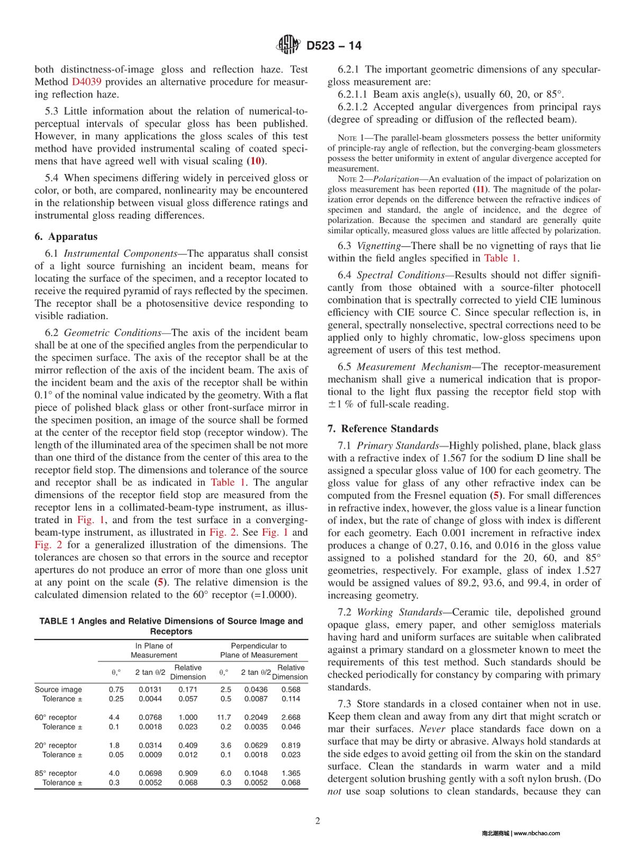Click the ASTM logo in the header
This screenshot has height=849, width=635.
(x=288, y=45)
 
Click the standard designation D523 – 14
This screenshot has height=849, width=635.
(x=334, y=46)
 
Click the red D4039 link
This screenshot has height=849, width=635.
(x=86, y=82)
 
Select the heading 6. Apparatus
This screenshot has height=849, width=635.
(x=66, y=237)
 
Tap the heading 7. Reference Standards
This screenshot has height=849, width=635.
(x=383, y=429)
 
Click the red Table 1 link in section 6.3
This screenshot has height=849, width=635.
(x=500, y=258)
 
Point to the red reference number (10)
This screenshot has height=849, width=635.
(x=256, y=161)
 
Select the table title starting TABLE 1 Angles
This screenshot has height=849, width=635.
(x=171, y=626)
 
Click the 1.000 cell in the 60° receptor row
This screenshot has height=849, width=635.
(x=188, y=717)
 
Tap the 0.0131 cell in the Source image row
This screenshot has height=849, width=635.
(x=150, y=689)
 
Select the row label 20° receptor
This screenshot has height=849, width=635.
(x=56, y=745)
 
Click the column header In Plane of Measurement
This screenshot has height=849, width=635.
(x=154, y=650)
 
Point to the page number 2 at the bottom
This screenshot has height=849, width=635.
(x=317, y=821)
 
